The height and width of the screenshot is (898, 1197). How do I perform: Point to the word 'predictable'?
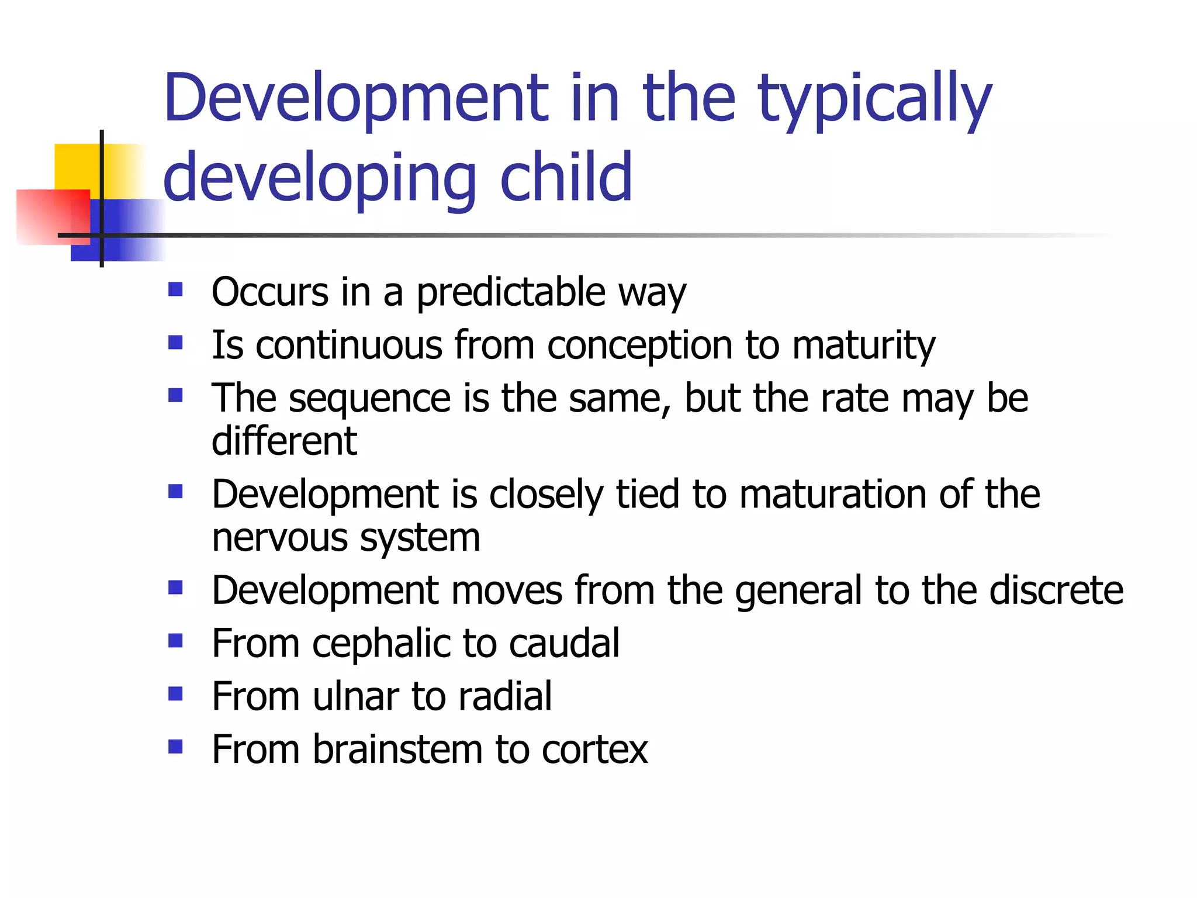tap(510, 292)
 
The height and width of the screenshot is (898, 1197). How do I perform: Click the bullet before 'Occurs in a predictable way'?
tap(175, 289)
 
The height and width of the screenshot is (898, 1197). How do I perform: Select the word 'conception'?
tap(639, 345)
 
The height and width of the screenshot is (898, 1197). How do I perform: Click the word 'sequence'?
tap(369, 399)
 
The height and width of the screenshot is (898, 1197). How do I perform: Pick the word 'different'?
tap(284, 441)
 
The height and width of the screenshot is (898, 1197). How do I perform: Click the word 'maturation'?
tap(832, 495)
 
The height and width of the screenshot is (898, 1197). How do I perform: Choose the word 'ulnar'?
tap(355, 696)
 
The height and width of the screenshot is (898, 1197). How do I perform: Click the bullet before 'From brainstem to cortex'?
tap(175, 747)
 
